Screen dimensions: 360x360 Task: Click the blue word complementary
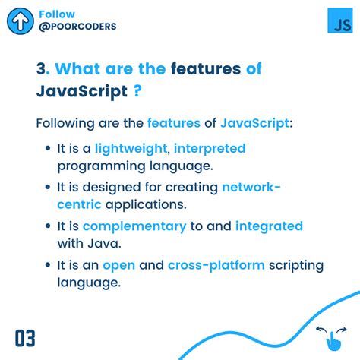(134, 226)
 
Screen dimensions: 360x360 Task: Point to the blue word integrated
(269, 226)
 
